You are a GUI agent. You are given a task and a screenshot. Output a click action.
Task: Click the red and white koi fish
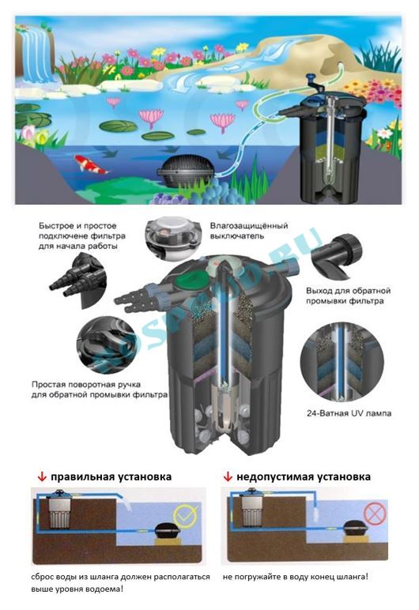(x=90, y=164)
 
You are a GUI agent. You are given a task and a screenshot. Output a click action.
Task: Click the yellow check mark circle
(x=184, y=514)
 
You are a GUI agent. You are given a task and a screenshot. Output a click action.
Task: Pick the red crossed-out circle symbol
(x=375, y=513)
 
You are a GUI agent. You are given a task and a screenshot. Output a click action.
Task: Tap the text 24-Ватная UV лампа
(x=349, y=413)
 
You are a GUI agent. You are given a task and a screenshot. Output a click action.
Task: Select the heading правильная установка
(x=111, y=476)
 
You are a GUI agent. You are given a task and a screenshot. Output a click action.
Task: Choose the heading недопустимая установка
(x=304, y=476)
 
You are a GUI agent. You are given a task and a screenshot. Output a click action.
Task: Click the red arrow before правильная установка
(x=42, y=476)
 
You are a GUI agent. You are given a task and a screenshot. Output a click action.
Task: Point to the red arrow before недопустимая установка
(x=228, y=476)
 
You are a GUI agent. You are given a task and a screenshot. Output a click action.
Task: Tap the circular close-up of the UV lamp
(x=342, y=362)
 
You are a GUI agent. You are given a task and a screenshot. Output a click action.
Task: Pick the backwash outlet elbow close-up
(x=337, y=254)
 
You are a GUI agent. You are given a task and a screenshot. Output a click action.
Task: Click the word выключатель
(x=236, y=236)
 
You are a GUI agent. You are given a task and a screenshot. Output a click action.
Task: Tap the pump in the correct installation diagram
(x=168, y=530)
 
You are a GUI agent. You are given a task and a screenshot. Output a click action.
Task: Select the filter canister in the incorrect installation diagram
(x=251, y=510)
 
